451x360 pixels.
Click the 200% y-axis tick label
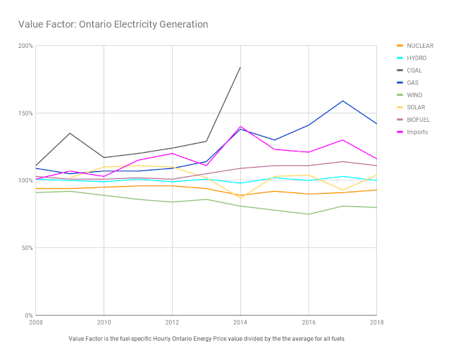25,46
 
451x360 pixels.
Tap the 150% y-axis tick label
25,113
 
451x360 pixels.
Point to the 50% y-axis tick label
27,248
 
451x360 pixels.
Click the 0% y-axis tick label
28,316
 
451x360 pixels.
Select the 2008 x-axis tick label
35,323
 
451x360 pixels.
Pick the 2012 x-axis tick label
172,323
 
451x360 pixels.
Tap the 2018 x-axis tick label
376,323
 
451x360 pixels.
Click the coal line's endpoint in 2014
240,68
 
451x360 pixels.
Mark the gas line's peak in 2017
342,101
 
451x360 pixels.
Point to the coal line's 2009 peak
70,133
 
